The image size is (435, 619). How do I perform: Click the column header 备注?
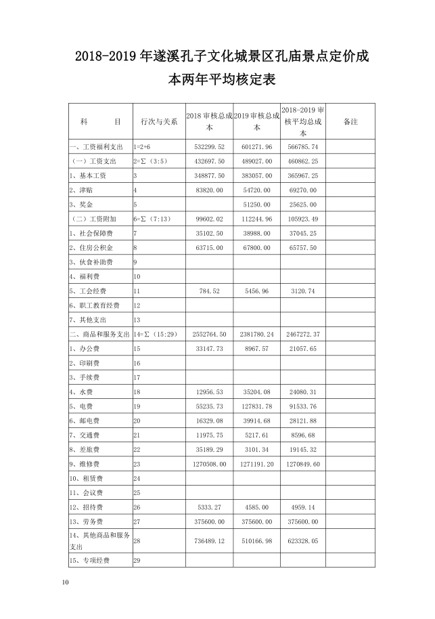click(350, 121)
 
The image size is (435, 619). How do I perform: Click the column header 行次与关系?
click(158, 121)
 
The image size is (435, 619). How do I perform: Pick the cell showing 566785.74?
click(302, 146)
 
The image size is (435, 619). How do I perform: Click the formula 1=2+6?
click(143, 146)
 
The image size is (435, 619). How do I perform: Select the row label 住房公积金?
click(91, 247)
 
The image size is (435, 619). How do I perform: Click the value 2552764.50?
click(206, 334)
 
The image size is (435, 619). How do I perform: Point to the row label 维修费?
click(86, 464)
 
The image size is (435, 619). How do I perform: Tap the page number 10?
click(65, 582)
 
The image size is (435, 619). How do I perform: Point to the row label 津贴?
click(83, 190)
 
